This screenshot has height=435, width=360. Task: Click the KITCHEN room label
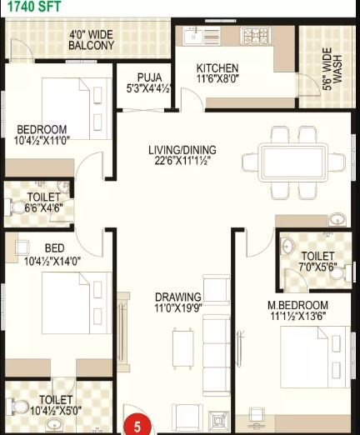[x=217, y=67]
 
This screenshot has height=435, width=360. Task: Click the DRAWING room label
[x=177, y=297]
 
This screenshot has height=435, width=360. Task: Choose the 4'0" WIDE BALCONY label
[x=92, y=40]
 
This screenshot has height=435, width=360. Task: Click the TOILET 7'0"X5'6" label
[x=317, y=256]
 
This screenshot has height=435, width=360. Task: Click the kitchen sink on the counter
[x=193, y=35]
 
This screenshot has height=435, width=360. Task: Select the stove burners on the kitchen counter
[x=253, y=35]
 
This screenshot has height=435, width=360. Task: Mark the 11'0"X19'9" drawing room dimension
[x=177, y=309]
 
